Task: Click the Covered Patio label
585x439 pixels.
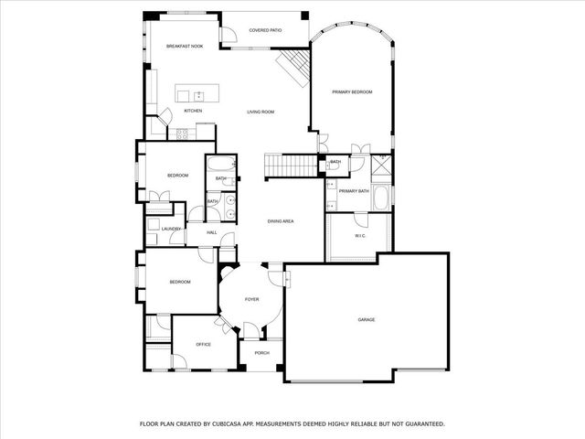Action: point(265,30)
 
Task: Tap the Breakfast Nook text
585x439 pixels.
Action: point(183,46)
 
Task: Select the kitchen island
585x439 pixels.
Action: point(197,94)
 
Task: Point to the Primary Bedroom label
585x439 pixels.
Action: point(352,91)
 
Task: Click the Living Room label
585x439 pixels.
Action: point(261,112)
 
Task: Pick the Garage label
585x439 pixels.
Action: point(366,319)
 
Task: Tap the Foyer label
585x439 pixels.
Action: point(251,299)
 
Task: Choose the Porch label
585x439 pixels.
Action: point(261,352)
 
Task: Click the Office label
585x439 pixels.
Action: point(203,344)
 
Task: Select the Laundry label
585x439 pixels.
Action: point(172,229)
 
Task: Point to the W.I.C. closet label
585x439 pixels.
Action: point(360,236)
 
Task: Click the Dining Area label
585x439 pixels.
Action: point(280,221)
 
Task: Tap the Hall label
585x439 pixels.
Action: point(211,232)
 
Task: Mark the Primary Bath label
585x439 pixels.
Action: point(354,190)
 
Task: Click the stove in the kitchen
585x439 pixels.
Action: point(181,134)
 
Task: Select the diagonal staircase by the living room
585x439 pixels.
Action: point(294,68)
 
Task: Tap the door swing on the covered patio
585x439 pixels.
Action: point(229,35)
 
